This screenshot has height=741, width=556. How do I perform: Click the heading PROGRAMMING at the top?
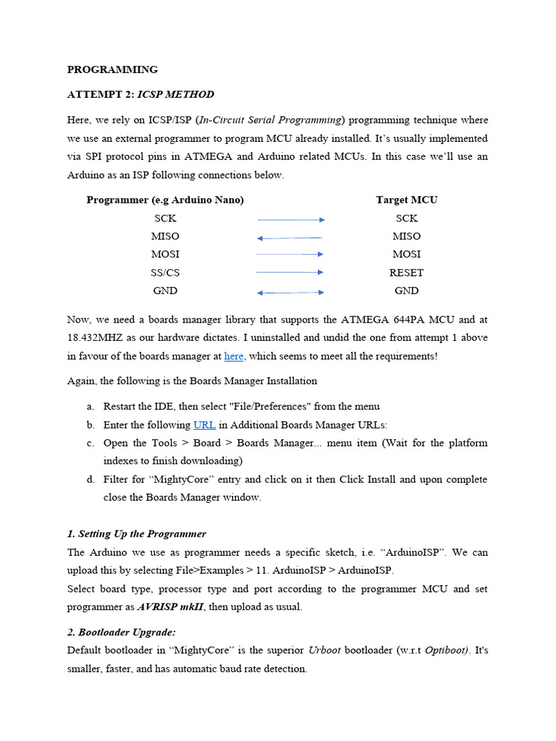pos(112,70)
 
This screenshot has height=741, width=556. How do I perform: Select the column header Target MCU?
pos(406,200)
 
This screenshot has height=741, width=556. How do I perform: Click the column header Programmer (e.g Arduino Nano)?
pos(165,200)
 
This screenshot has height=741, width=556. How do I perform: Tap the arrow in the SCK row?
pos(291,219)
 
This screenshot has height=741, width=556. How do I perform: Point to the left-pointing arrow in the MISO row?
pos(290,237)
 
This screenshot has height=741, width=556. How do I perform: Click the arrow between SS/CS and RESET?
pos(290,273)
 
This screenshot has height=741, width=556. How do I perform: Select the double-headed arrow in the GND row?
pos(291,292)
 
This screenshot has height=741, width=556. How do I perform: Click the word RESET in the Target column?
pos(406,273)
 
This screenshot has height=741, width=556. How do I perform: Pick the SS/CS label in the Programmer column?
pos(165,273)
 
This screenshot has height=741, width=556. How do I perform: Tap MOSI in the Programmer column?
pos(165,255)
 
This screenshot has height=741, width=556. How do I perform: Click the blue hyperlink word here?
pos(234,356)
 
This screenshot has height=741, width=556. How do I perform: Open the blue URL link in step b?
pos(204,425)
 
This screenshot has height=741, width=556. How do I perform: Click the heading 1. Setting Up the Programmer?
pos(136,534)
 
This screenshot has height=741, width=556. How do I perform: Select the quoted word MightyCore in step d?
pos(163,480)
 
